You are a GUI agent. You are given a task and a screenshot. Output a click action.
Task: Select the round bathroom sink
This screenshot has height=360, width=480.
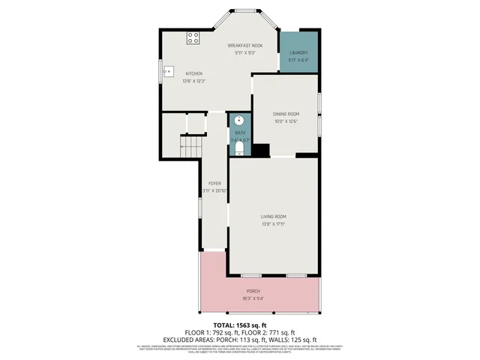pyautogui.click(x=239, y=120)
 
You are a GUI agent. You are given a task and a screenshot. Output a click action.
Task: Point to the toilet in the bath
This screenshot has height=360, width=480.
pyautogui.click(x=239, y=150)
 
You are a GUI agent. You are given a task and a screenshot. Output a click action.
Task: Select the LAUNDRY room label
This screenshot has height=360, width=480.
pyautogui.click(x=298, y=52)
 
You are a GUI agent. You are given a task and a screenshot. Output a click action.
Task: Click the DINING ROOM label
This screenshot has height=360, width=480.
pyautogui.click(x=286, y=114)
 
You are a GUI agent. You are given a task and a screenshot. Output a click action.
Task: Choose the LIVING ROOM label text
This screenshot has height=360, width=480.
pyautogui.click(x=273, y=217)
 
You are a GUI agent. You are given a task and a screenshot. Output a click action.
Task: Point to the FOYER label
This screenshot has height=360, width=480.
pyautogui.click(x=214, y=183)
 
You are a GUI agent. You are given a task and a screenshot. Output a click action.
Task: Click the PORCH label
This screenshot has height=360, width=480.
pyautogui.click(x=253, y=291)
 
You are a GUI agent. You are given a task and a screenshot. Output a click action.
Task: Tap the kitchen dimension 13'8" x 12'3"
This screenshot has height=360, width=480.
pyautogui.click(x=193, y=81)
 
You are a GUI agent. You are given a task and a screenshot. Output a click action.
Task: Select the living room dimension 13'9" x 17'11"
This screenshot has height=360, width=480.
pyautogui.click(x=273, y=224)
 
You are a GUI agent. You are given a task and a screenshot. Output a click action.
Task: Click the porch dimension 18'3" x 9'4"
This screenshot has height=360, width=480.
pyautogui.click(x=253, y=298)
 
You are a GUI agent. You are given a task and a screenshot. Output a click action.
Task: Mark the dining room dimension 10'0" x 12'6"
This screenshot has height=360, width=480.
pyautogui.click(x=286, y=121)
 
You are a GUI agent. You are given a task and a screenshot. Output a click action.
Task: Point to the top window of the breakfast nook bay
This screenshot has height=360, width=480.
pyautogui.click(x=241, y=11)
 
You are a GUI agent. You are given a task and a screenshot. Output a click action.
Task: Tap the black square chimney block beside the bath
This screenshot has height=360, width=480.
pyautogui.click(x=260, y=150)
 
